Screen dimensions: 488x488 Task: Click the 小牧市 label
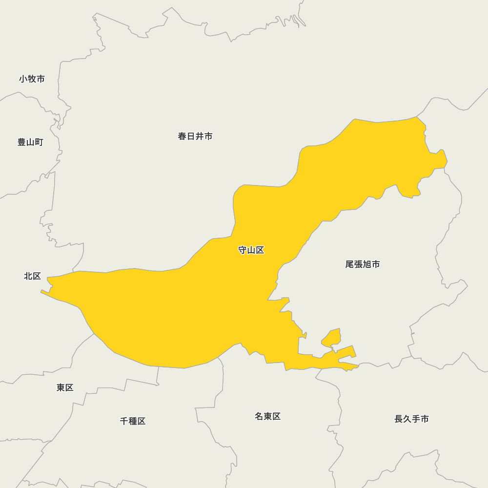pyautogui.click(x=32, y=79)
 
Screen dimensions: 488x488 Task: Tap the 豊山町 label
pyautogui.click(x=30, y=142)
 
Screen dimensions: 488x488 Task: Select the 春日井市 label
pyautogui.click(x=195, y=136)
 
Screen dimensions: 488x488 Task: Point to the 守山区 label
pyautogui.click(x=251, y=250)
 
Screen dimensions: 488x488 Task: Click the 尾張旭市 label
pyautogui.click(x=363, y=264)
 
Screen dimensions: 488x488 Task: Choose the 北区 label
pyautogui.click(x=33, y=276)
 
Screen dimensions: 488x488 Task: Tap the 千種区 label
pyautogui.click(x=133, y=421)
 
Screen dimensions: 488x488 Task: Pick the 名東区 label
pyautogui.click(x=267, y=416)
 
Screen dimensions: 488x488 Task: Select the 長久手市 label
pyautogui.click(x=411, y=419)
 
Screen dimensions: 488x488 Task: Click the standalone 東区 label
pyautogui.click(x=65, y=387)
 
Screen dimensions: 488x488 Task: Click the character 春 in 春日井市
pyautogui.click(x=183, y=136)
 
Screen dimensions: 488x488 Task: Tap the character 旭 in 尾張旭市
pyautogui.click(x=367, y=264)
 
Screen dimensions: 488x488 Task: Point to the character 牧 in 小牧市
pyautogui.click(x=32, y=79)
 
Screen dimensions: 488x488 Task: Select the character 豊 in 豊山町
pyautogui.click(x=22, y=142)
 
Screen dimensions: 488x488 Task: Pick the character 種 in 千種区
pyautogui.click(x=133, y=421)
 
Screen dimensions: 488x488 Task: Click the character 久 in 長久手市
pyautogui.click(x=407, y=419)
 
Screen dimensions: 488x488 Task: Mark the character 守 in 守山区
pyautogui.click(x=243, y=250)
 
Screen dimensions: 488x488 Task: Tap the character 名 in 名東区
pyautogui.click(x=259, y=416)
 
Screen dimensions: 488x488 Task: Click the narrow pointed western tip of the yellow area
pyautogui.click(x=42, y=291)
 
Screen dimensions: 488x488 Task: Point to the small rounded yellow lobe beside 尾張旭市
pyautogui.click(x=332, y=338)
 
